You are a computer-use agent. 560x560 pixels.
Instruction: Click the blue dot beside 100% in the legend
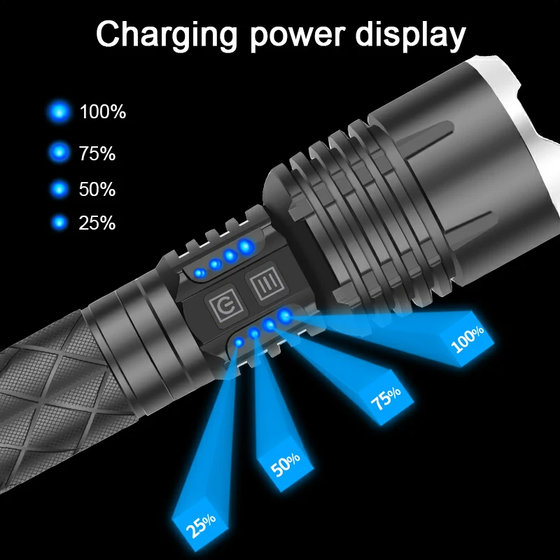pyautogui.click(x=60, y=111)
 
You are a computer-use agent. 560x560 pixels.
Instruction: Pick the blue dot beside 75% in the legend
pyautogui.click(x=60, y=153)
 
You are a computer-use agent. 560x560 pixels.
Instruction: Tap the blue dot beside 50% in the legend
pyautogui.click(x=60, y=189)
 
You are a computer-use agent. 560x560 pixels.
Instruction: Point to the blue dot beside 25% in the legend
pyautogui.click(x=60, y=223)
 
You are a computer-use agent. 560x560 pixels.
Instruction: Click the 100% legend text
pyautogui.click(x=102, y=111)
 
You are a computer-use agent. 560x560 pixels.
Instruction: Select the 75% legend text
pyautogui.click(x=97, y=153)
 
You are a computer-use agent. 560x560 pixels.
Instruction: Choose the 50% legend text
pyautogui.click(x=97, y=189)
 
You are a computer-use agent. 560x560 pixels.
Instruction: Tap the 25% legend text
pyautogui.click(x=97, y=223)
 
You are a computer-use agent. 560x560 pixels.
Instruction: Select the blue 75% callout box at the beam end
pyautogui.click(x=386, y=401)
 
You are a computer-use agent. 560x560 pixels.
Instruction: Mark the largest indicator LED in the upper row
pyautogui.click(x=246, y=246)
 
